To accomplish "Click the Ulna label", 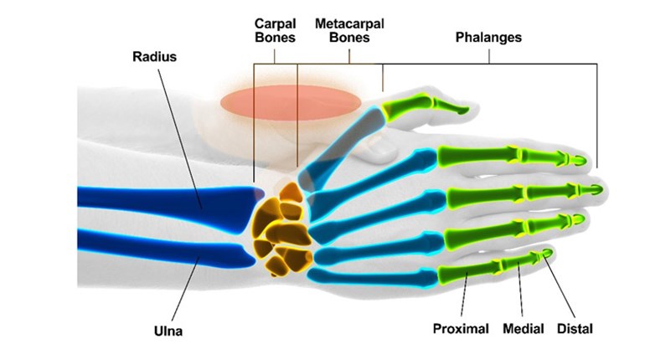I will pos(168,332).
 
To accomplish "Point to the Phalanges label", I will pos(488,38).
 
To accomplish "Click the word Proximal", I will pos(460,329).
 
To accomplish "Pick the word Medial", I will pos(524,329).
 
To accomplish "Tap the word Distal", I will pos(575,329).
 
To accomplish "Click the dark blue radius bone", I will pos(168,198).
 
